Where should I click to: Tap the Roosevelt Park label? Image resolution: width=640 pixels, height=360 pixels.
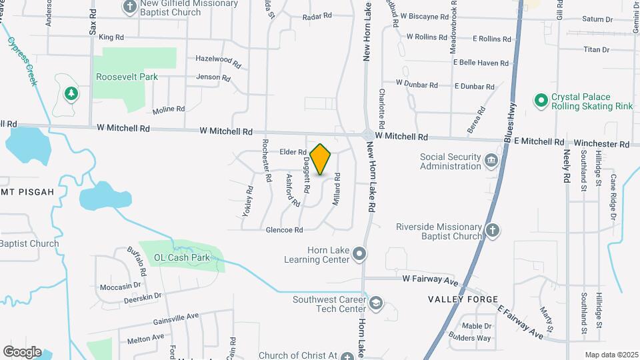coord(127,77)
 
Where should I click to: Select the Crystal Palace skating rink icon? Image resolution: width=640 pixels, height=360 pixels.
coord(541,100)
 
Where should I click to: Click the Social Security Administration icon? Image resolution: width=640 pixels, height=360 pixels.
coord(491,160)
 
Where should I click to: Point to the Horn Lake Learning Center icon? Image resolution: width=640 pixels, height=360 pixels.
coord(360,253)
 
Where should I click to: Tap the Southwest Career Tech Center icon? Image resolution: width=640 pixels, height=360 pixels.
coord(376,304)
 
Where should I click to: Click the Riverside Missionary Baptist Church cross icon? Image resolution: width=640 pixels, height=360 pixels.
coord(492,231)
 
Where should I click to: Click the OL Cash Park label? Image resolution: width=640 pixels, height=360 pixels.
coord(182,257)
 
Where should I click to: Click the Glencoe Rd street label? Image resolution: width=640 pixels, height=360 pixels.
coord(284,229)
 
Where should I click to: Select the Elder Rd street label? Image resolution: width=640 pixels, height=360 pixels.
coord(292,153)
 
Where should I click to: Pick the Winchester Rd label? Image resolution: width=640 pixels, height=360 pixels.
coord(602,143)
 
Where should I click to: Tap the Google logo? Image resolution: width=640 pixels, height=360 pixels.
coord(22,351)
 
